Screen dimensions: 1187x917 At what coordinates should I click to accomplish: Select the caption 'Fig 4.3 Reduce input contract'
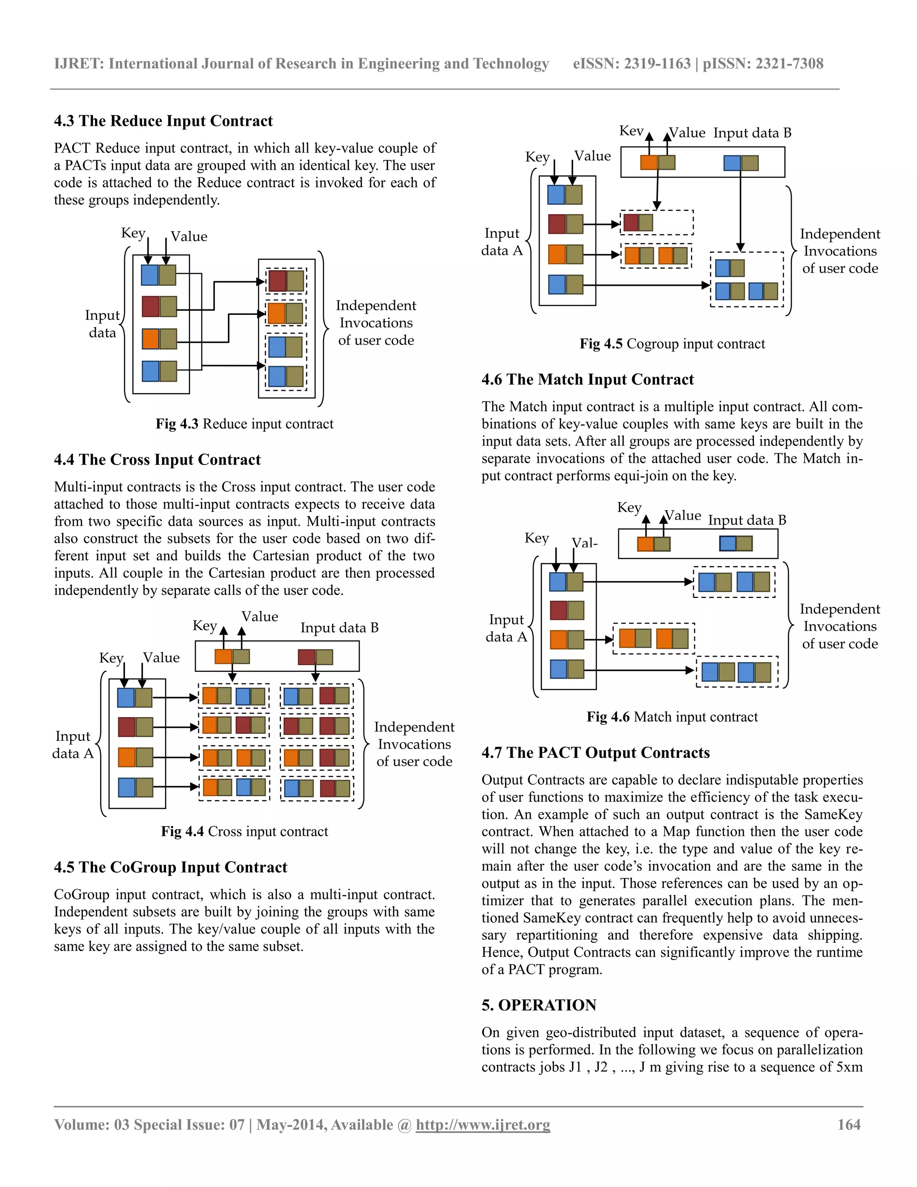[244, 424]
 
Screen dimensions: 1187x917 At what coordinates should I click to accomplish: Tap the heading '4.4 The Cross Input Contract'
[157, 460]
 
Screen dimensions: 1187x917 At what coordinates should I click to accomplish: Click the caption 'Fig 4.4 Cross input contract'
[244, 831]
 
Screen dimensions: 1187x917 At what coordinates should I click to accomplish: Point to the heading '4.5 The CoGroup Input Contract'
[171, 868]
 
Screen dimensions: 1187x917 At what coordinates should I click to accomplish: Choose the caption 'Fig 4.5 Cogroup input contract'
[672, 344]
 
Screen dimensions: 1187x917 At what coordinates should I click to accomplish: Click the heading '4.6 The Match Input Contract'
[587, 379]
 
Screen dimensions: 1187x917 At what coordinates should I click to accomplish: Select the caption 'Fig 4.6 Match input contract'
[672, 717]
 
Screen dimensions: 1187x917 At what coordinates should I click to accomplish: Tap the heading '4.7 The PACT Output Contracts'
[596, 753]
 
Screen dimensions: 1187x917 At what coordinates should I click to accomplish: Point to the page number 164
[848, 1124]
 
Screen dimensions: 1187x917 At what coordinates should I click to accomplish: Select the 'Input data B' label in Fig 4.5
[752, 133]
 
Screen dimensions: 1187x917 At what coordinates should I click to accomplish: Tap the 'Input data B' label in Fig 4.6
[747, 520]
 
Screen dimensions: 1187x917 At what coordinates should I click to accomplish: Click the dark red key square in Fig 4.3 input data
[150, 306]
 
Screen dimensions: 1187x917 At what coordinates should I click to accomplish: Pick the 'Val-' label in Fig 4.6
[584, 543]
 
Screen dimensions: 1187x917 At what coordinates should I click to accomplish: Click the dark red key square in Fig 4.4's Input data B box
[306, 657]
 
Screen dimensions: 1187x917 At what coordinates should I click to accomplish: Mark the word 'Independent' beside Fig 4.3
[376, 305]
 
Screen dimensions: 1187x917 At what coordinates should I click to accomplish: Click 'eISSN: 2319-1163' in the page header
[631, 64]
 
